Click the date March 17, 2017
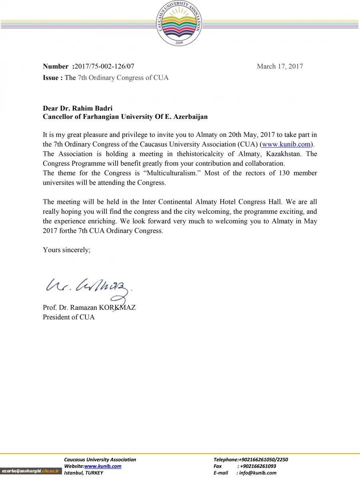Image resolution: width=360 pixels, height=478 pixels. [280, 66]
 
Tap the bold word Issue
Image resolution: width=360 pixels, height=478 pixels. [52, 78]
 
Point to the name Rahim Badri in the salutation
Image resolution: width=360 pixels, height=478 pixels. [92, 108]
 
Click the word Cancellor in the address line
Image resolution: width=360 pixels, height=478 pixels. [57, 117]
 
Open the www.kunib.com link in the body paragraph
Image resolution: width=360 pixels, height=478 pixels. [286, 144]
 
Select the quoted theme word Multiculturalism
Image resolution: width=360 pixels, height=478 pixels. [172, 173]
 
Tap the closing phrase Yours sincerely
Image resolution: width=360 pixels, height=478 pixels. [66, 250]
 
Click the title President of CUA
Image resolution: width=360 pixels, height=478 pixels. [69, 317]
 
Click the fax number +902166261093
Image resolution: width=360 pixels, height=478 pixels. [258, 466]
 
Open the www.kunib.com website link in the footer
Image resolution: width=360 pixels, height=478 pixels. [103, 466]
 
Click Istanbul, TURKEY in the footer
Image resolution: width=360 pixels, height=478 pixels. [84, 473]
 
